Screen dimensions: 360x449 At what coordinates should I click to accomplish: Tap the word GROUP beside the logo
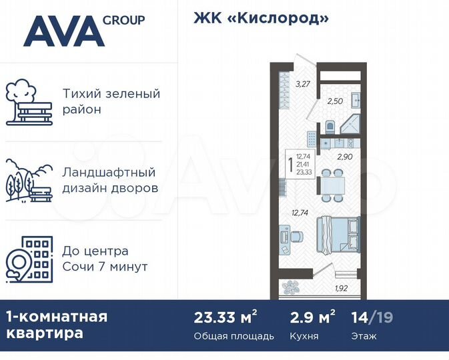pyautogui.click(x=123, y=19)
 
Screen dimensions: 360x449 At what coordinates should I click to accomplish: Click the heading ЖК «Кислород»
pyautogui.click(x=262, y=18)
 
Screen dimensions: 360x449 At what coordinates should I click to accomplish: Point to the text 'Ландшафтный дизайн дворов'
pyautogui.click(x=110, y=180)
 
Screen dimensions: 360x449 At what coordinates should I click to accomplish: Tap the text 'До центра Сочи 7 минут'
pyautogui.click(x=105, y=259)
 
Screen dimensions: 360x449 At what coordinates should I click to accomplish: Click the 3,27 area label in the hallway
pyautogui.click(x=303, y=84)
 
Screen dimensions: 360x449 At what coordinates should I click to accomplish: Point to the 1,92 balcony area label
pyautogui.click(x=341, y=289)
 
